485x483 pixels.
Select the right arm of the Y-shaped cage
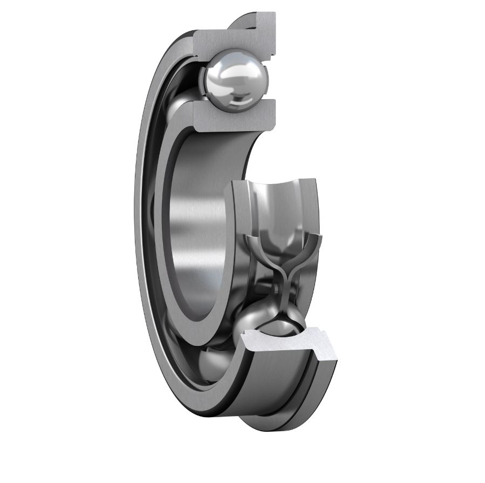(310, 243)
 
